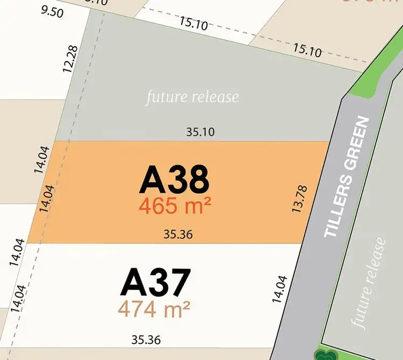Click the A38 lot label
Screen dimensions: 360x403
coord(174,180)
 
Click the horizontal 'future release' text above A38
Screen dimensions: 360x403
coord(192,97)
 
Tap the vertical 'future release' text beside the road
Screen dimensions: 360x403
coord(369,283)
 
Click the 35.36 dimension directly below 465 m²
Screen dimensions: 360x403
coord(178,234)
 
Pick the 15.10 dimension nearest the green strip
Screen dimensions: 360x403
coord(307,51)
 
